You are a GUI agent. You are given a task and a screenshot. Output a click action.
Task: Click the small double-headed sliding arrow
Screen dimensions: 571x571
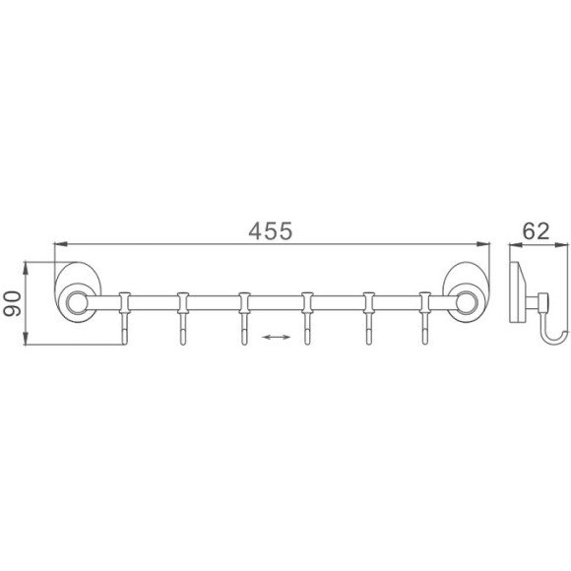(x=276, y=338)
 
